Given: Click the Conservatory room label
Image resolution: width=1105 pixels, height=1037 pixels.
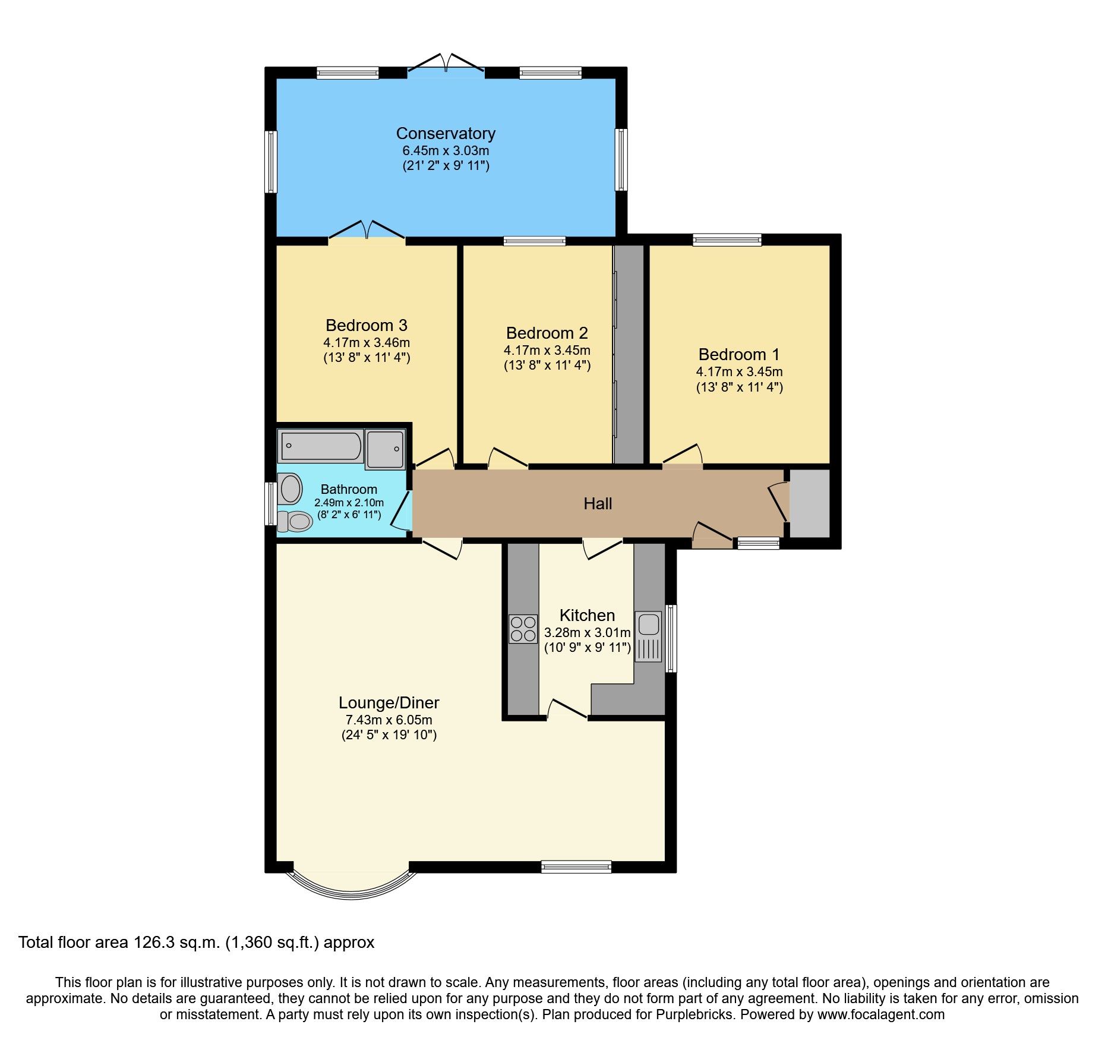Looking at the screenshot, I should [x=446, y=134].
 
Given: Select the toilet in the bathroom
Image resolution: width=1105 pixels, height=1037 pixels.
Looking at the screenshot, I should [x=295, y=522].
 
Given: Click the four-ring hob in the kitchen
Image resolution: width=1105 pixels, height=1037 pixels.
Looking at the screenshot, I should [x=523, y=629].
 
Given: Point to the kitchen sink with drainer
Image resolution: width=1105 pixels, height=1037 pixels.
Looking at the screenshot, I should [x=648, y=636].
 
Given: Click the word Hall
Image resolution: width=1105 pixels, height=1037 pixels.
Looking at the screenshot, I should [x=598, y=504].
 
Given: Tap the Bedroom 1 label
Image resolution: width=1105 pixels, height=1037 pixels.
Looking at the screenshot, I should [x=738, y=355].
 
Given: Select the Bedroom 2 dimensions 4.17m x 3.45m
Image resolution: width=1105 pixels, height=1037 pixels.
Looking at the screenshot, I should [x=547, y=351].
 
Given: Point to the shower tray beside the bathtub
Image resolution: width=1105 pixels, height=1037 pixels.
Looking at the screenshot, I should [x=385, y=449].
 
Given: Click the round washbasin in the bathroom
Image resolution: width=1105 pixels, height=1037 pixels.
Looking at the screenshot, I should [x=291, y=488].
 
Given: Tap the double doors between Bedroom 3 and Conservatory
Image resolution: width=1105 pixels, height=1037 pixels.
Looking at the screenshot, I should [x=367, y=232].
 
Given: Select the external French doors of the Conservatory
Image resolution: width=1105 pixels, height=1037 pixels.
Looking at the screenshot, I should [x=446, y=64].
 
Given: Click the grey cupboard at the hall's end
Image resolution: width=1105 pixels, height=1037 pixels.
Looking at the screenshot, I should [x=809, y=503].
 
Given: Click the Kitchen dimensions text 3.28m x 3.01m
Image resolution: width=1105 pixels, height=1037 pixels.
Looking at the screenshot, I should [x=587, y=633].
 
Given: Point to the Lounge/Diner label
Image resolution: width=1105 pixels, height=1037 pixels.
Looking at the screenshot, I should [x=389, y=703].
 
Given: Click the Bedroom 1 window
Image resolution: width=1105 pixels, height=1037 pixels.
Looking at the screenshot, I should [x=727, y=240].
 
